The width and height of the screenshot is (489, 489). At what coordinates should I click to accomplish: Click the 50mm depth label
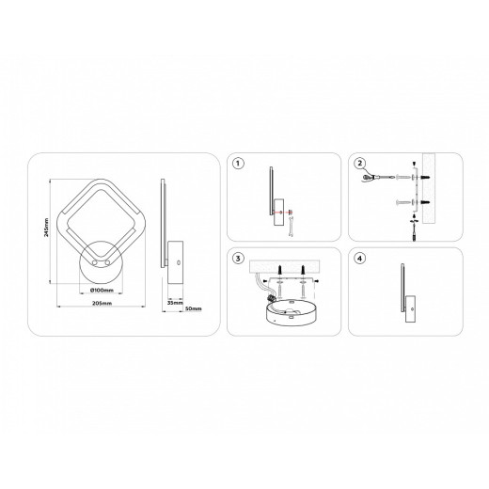(x=194, y=308)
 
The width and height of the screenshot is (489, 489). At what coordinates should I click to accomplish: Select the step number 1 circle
(x=239, y=164)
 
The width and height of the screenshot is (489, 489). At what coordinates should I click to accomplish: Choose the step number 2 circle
(x=359, y=164)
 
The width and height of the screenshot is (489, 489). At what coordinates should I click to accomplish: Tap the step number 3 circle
(x=239, y=258)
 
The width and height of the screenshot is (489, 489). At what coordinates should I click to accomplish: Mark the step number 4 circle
(x=359, y=258)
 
